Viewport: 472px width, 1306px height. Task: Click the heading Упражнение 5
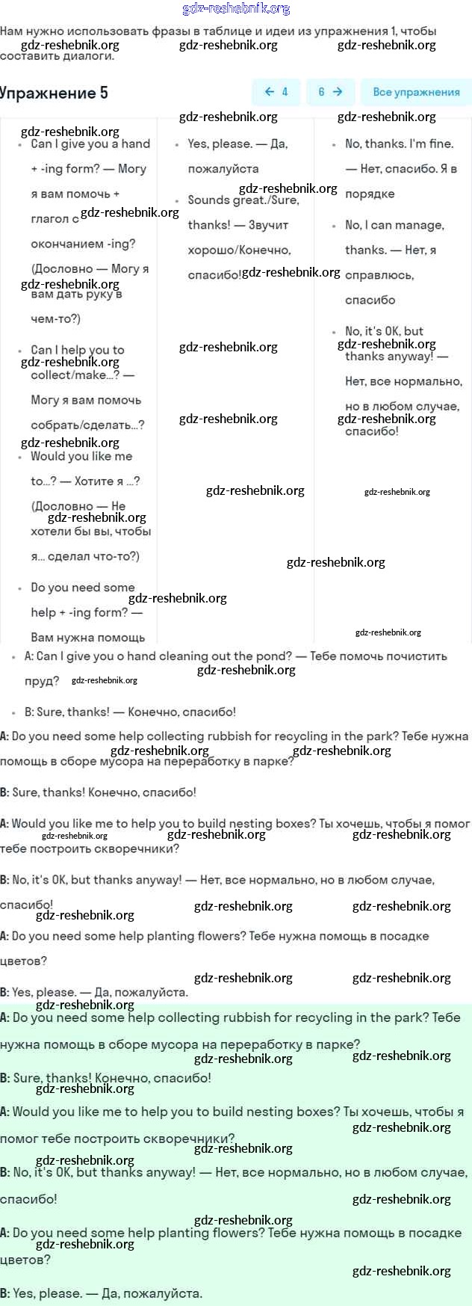[54, 93]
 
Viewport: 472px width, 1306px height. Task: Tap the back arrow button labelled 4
[276, 92]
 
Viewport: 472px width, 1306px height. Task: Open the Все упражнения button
[416, 92]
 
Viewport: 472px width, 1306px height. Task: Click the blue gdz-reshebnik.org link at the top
[236, 9]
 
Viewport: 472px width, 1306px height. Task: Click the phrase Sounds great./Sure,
[243, 200]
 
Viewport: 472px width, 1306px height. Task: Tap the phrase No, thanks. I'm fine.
[399, 144]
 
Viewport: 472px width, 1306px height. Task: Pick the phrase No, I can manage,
[394, 225]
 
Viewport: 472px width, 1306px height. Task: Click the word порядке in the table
[370, 194]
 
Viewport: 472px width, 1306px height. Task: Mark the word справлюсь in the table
[379, 275]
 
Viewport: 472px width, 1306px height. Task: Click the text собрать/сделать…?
[87, 425]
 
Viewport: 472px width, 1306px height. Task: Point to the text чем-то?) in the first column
[55, 318]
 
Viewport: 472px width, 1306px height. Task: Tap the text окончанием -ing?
[83, 244]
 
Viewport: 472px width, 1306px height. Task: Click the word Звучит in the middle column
[268, 225]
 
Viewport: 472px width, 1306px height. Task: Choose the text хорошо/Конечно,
[239, 250]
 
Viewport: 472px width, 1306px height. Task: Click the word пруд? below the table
[42, 681]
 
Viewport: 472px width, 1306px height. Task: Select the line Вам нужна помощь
[87, 638]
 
